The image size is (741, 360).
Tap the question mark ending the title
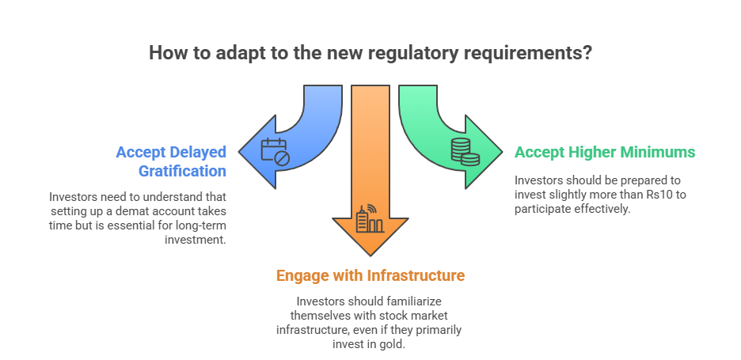(588, 54)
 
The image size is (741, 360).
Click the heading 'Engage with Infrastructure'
(370, 275)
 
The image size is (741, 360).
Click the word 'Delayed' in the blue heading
(200, 152)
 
